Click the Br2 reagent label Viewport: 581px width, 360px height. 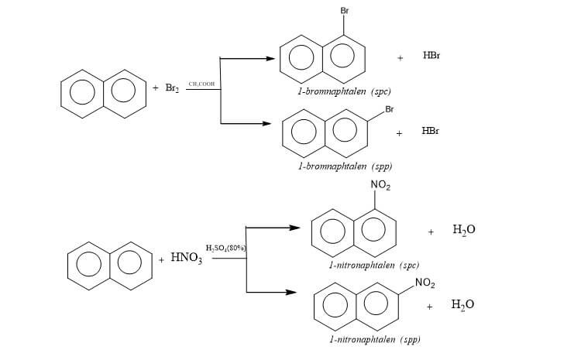[172, 89]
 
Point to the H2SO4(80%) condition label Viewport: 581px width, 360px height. [225, 248]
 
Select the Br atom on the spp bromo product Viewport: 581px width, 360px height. [389, 109]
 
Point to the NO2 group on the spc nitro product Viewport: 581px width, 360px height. [380, 185]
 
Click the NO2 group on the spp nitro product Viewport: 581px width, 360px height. [425, 284]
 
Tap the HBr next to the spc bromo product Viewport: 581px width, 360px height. [432, 57]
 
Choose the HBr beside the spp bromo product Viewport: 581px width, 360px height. [431, 131]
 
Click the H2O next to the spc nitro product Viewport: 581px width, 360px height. [463, 230]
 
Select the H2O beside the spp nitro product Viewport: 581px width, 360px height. [462, 304]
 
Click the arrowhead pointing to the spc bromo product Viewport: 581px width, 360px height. [271, 57]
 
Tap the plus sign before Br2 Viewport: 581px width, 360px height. [156, 89]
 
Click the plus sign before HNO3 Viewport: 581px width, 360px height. [161, 259]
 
